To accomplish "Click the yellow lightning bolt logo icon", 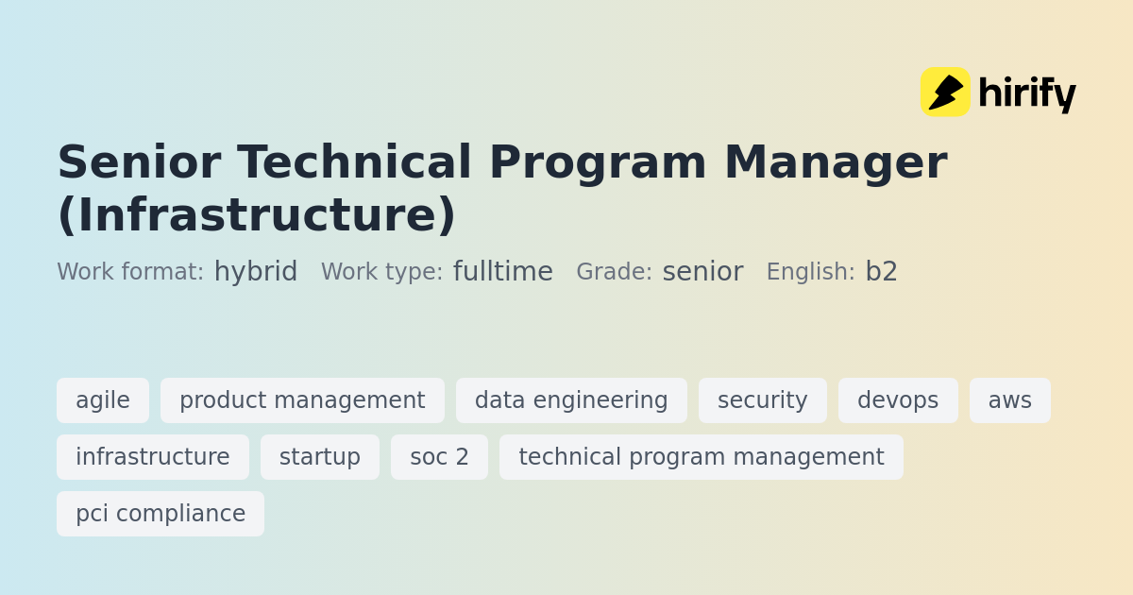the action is (x=945, y=93).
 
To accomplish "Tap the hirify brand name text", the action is (x=1027, y=94).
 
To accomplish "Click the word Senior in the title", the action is (x=140, y=161).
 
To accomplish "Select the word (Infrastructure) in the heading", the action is (x=257, y=215).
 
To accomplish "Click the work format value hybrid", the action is (x=256, y=272).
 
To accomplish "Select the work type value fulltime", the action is (x=502, y=271).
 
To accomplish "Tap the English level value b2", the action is (x=882, y=271).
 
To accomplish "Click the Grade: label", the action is (x=615, y=272).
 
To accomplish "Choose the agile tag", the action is (x=103, y=400).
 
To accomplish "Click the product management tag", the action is (x=302, y=400).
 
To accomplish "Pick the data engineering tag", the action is (x=571, y=400).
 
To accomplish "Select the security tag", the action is (x=763, y=400).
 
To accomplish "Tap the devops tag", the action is (x=898, y=400).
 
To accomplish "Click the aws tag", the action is (x=1010, y=400).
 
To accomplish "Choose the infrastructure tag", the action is (x=153, y=457).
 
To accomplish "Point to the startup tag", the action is (x=320, y=457).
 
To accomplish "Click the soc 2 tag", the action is (x=440, y=457).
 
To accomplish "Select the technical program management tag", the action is (x=702, y=457).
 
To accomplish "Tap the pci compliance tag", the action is (x=161, y=514).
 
